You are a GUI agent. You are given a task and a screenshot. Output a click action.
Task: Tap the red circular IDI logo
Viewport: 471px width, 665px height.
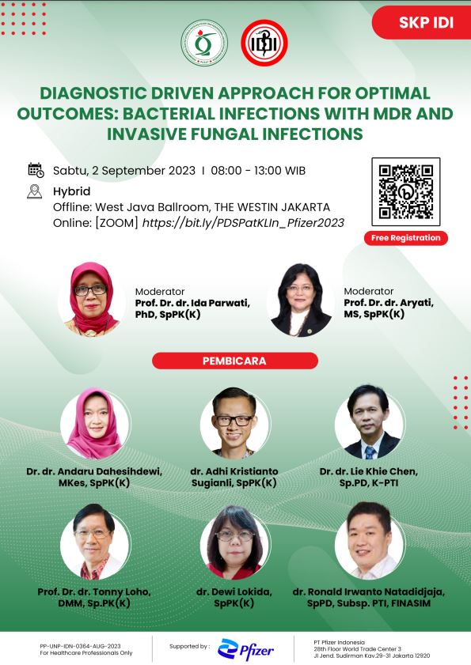(x=264, y=43)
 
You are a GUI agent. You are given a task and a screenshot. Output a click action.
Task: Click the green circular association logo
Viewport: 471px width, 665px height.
(x=204, y=43)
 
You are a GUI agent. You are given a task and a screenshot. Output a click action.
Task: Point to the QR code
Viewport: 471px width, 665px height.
(x=406, y=191)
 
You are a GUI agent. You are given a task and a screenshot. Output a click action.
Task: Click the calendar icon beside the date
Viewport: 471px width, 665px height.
(x=36, y=170)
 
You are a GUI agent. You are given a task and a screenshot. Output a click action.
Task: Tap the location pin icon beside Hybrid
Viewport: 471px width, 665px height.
(x=34, y=191)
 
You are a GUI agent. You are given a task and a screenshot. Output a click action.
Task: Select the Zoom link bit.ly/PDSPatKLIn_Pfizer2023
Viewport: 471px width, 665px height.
(x=243, y=223)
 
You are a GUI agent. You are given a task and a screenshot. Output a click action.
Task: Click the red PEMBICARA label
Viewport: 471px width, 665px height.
(x=235, y=361)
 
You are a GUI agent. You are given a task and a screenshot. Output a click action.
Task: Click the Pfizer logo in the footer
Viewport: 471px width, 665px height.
(x=246, y=649)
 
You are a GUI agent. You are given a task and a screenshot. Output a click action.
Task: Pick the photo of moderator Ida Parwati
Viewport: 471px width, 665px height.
(x=92, y=299)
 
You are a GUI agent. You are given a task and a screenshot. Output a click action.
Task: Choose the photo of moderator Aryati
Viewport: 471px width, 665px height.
(x=301, y=300)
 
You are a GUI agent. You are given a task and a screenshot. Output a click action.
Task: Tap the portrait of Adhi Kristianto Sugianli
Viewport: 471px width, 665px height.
(x=234, y=423)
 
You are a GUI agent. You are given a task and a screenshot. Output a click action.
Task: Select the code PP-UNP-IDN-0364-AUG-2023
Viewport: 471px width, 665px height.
(x=80, y=646)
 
